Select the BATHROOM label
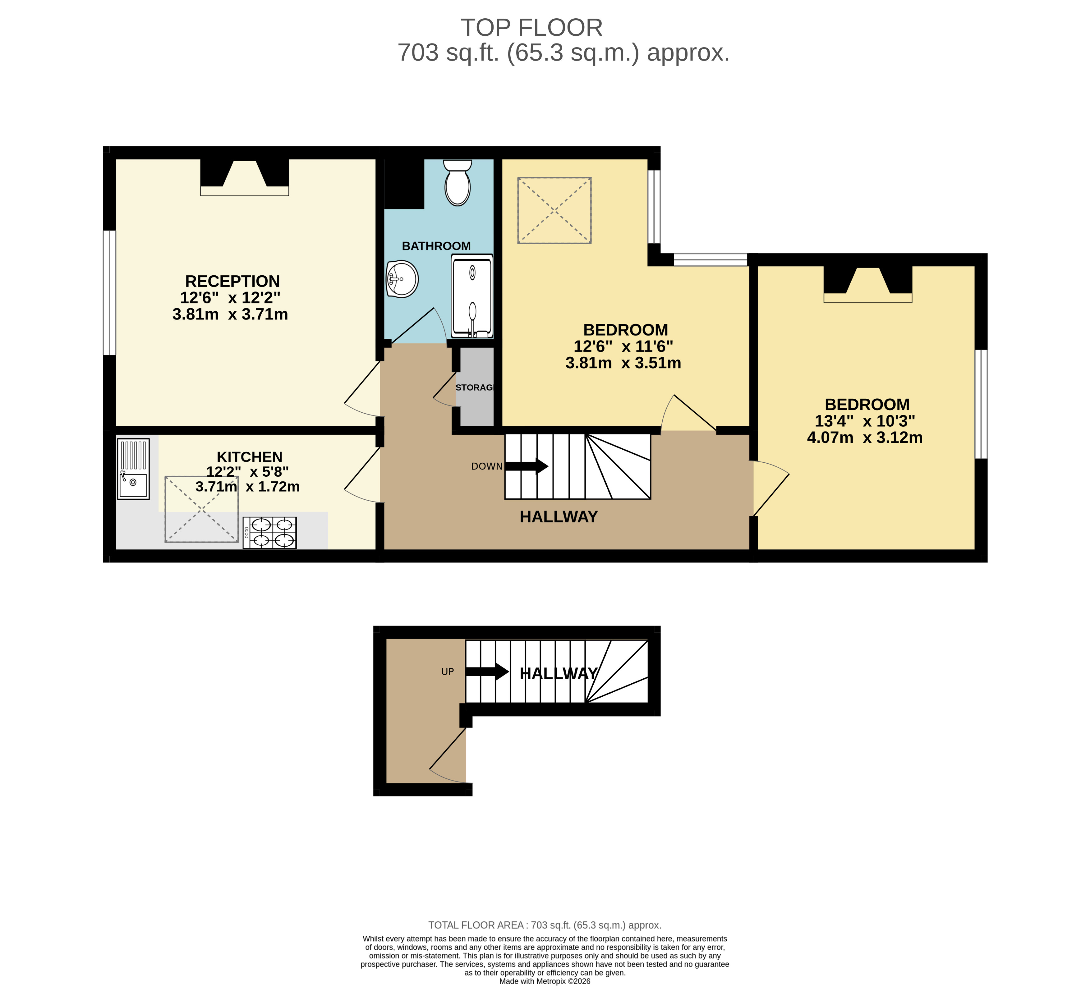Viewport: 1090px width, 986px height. [x=436, y=246]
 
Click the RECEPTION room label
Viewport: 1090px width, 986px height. [x=232, y=281]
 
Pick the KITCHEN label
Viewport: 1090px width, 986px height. [x=249, y=457]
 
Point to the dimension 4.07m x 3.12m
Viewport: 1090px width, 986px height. [x=865, y=437]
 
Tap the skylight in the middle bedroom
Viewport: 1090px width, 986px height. [x=554, y=210]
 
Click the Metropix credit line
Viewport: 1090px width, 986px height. [x=545, y=981]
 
